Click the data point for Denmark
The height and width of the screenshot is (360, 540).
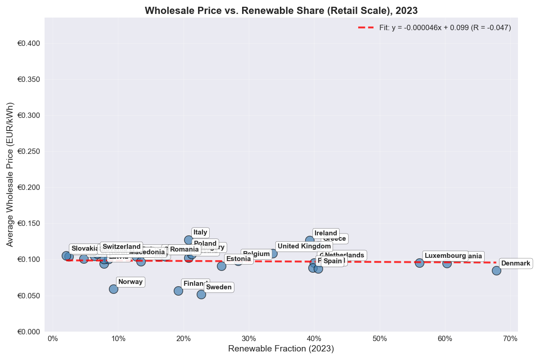click(x=496, y=270)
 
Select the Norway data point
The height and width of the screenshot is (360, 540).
click(x=113, y=289)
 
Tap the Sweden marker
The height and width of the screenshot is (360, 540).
click(x=201, y=294)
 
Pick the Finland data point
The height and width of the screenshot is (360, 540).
click(x=178, y=291)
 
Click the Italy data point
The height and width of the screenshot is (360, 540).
click(x=189, y=240)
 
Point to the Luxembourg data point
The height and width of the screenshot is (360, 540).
click(x=419, y=263)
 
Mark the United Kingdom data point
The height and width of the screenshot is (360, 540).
click(x=273, y=253)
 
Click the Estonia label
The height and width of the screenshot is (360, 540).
click(x=238, y=259)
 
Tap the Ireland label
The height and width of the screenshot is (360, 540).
click(x=326, y=233)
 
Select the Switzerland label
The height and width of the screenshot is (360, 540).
click(x=121, y=247)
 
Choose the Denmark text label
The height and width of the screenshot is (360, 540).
click(x=516, y=263)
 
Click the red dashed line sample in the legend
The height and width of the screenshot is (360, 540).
click(x=366, y=27)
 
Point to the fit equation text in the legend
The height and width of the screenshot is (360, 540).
click(x=445, y=27)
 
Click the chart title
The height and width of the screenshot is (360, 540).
click(x=281, y=10)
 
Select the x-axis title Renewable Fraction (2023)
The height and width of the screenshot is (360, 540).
click(x=281, y=349)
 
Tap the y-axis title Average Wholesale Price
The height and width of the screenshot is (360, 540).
click(x=10, y=175)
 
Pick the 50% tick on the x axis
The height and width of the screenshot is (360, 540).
click(x=379, y=338)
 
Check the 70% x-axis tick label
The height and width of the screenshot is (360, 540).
click(x=510, y=338)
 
